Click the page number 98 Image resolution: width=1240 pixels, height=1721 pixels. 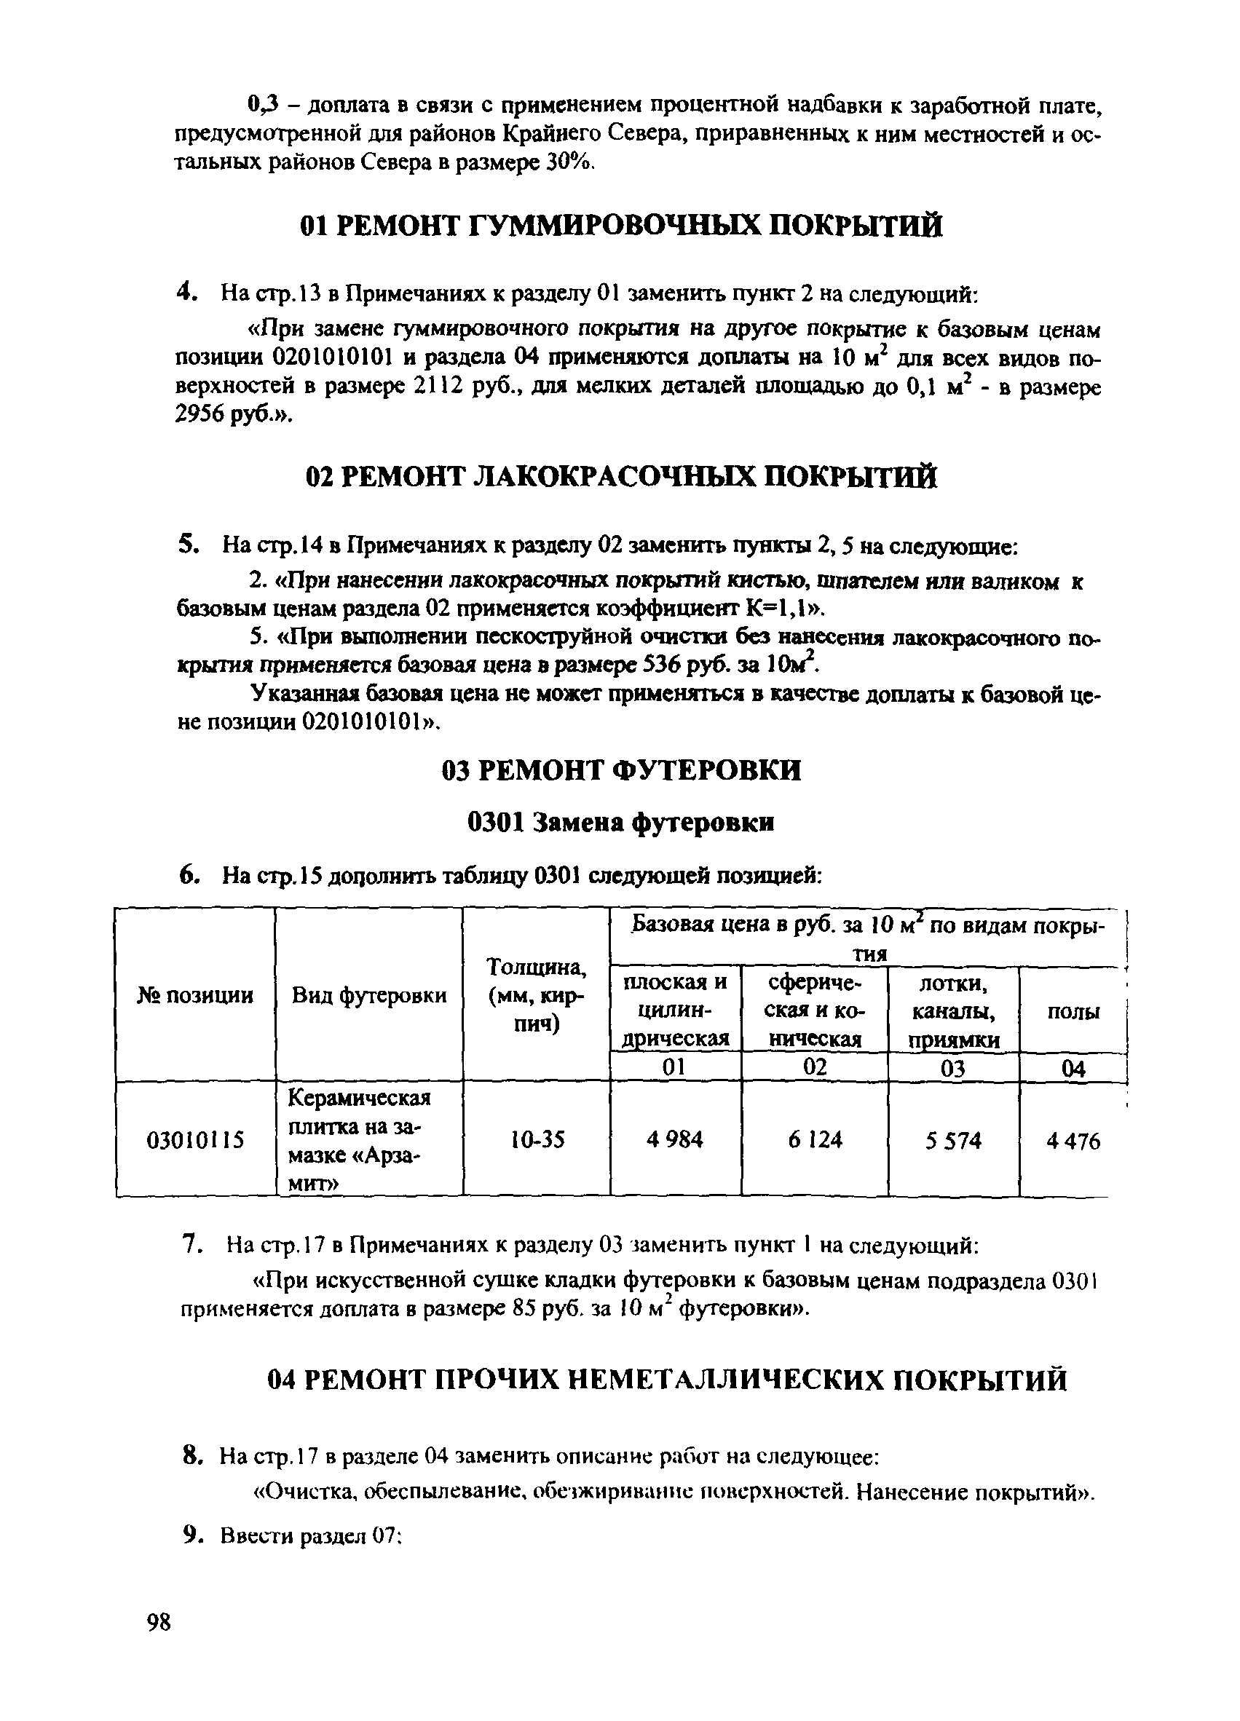coord(159,1621)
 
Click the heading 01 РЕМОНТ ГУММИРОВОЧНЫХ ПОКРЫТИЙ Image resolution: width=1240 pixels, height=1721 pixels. coord(621,226)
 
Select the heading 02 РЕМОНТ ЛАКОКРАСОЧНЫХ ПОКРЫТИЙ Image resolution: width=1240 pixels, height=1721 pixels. coord(621,477)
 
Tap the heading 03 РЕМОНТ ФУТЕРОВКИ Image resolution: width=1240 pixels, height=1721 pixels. coord(621,770)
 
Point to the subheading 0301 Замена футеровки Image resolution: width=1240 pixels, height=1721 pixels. coord(621,822)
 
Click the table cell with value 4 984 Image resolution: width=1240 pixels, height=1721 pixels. coord(675,1139)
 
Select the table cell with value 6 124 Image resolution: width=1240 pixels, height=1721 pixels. coord(814,1139)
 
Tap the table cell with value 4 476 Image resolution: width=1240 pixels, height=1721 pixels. coord(1073,1141)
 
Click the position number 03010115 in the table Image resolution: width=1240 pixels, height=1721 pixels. coord(195,1139)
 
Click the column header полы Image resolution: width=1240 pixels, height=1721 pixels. coord(1073,1010)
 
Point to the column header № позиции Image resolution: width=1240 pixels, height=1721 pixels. coord(195,994)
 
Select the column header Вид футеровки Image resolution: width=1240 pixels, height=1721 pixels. coord(369,994)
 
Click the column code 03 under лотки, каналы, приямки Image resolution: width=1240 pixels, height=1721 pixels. coord(953,1069)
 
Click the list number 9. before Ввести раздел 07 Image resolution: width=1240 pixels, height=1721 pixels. coord(194,1536)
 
